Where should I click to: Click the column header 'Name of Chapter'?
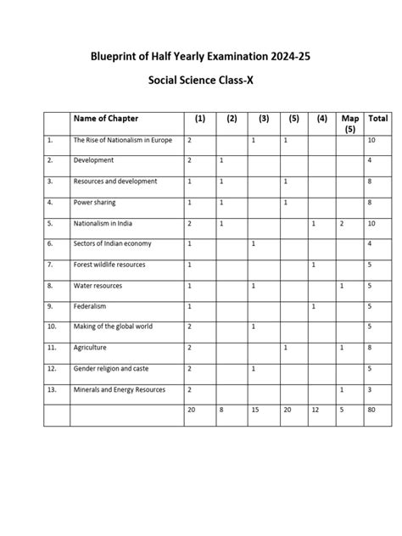click(x=105, y=118)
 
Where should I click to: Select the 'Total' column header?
click(x=378, y=118)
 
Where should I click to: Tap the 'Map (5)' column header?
click(x=349, y=124)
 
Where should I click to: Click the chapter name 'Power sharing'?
click(x=95, y=203)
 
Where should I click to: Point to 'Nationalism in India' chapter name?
click(x=107, y=223)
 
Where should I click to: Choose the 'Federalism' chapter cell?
click(x=91, y=305)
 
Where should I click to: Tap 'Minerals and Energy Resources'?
click(x=120, y=389)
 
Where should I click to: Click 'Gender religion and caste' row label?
click(x=113, y=368)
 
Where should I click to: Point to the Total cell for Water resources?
click(x=372, y=286)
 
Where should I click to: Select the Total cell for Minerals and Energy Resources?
click(x=372, y=389)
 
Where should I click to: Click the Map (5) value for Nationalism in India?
click(x=341, y=223)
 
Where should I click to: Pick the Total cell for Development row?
click(x=372, y=160)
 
